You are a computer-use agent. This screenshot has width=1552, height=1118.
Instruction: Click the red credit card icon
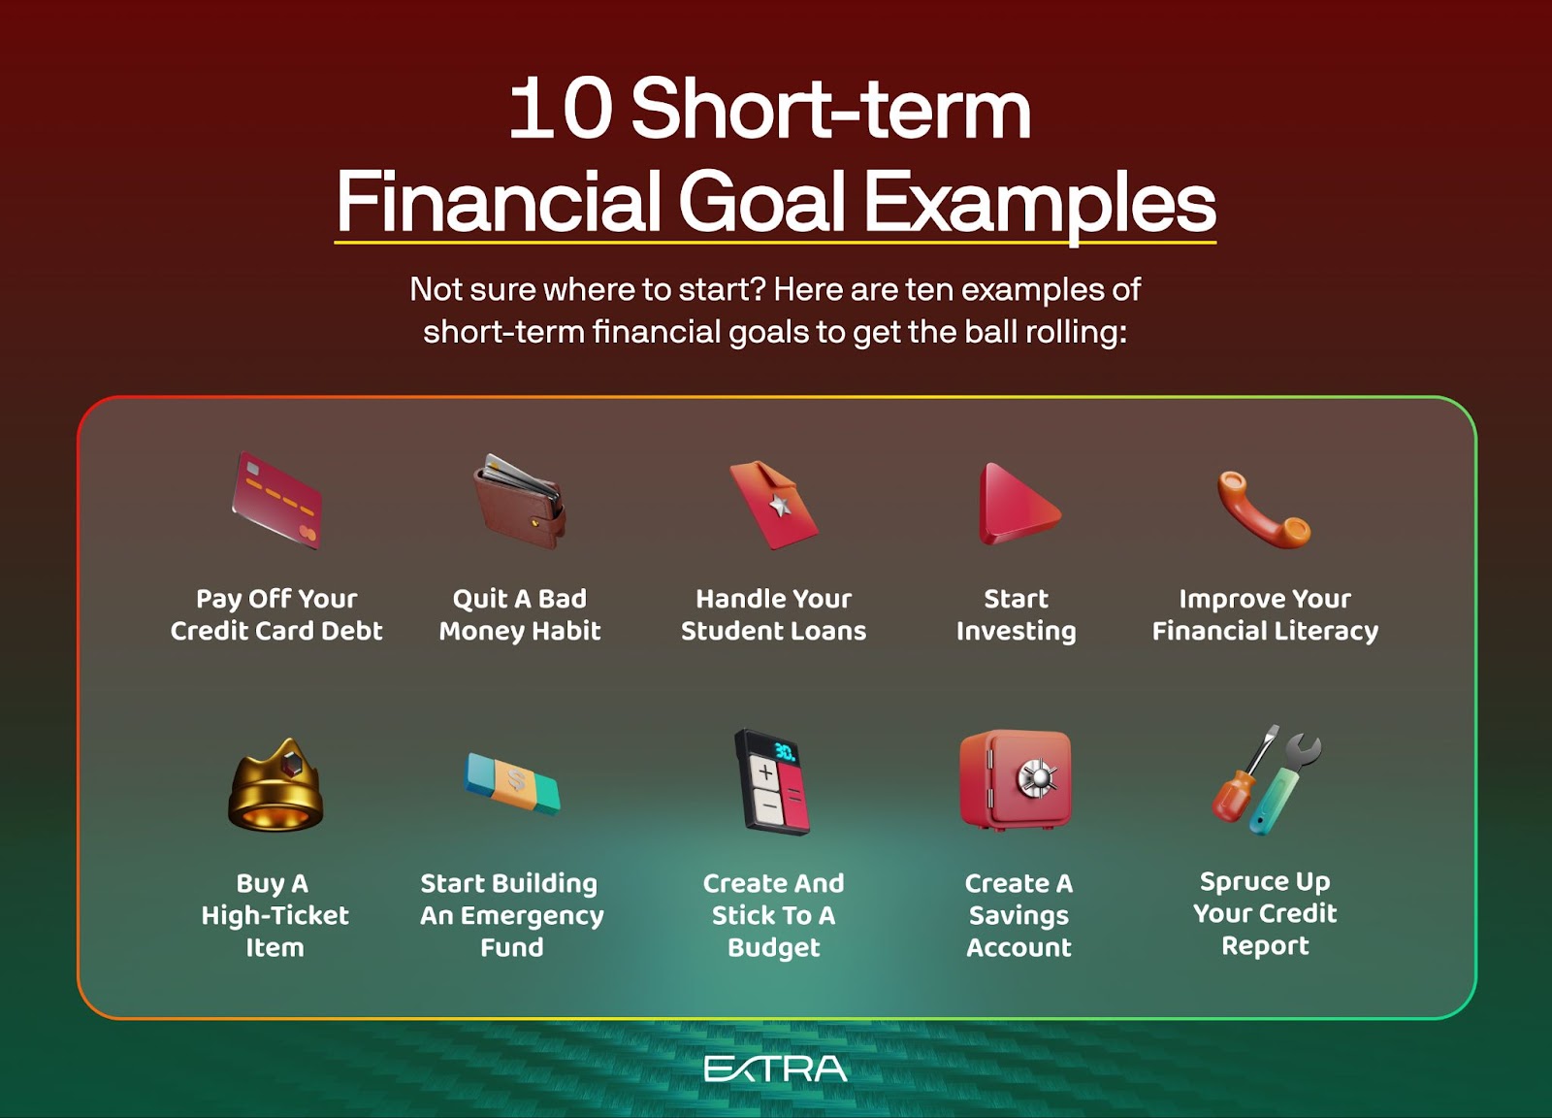point(276,501)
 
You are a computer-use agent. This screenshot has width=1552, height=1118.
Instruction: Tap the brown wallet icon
point(520,501)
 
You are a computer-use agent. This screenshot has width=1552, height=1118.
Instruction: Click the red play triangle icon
point(1017,505)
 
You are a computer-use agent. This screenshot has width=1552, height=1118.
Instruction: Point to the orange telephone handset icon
point(1264,509)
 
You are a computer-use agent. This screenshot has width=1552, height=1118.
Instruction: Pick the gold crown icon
point(275,785)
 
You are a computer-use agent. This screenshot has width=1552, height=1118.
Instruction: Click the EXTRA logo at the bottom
point(775,1069)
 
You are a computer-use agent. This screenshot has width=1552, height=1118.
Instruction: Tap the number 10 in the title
point(561,109)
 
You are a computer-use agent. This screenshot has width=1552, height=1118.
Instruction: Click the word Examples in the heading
point(1039,202)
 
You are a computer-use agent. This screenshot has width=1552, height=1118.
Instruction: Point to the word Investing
point(1016,631)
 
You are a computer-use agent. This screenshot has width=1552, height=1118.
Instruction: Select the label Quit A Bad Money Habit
point(520,614)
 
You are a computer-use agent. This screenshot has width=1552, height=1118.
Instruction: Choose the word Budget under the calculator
point(773,947)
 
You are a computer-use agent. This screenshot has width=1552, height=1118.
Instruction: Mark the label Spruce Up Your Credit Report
point(1265,913)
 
